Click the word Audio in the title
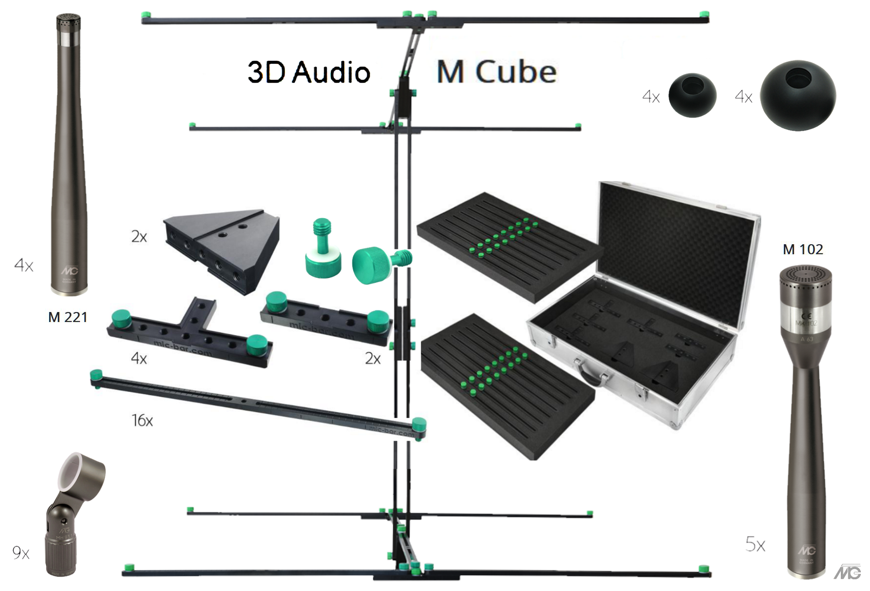point(331,72)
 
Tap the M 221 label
point(68,317)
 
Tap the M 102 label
point(803,249)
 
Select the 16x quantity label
point(142,420)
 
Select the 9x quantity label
point(21,553)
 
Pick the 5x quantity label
point(755,544)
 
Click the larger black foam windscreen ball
point(797,96)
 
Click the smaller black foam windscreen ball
point(692,96)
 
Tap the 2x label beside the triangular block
point(139,237)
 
